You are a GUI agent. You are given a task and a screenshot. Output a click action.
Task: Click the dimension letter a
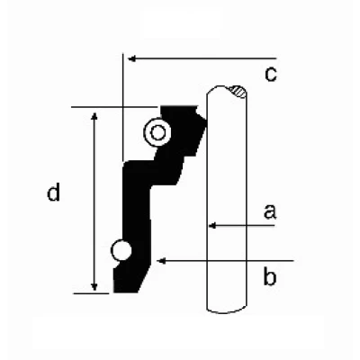[270, 211]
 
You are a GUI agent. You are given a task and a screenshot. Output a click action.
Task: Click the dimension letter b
[270, 276]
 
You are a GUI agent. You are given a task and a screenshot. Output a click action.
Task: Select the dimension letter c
[271, 74]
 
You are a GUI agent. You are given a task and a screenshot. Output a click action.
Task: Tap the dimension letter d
[54, 192]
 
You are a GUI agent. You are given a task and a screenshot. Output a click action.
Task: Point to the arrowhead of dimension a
[212, 226]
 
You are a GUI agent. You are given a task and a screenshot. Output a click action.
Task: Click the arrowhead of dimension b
[161, 261]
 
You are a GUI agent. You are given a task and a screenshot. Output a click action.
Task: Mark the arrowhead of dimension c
[132, 58]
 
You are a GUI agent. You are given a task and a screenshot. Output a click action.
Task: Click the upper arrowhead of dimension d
[94, 117]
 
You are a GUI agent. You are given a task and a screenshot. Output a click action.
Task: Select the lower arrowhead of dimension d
[94, 286]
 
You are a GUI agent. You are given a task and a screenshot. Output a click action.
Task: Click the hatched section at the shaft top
[238, 92]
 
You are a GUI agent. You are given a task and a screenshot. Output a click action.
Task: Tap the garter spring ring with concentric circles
[157, 132]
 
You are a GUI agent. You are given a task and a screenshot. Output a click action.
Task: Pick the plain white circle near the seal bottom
[121, 250]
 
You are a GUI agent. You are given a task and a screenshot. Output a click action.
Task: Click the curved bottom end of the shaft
[227, 310]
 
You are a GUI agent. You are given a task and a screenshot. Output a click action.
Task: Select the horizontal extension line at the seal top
[114, 107]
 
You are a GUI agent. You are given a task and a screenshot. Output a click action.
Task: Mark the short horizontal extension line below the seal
[91, 293]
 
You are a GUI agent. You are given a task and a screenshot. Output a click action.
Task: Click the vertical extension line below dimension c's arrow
[123, 107]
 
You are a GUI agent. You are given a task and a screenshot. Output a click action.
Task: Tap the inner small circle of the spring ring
[157, 132]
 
